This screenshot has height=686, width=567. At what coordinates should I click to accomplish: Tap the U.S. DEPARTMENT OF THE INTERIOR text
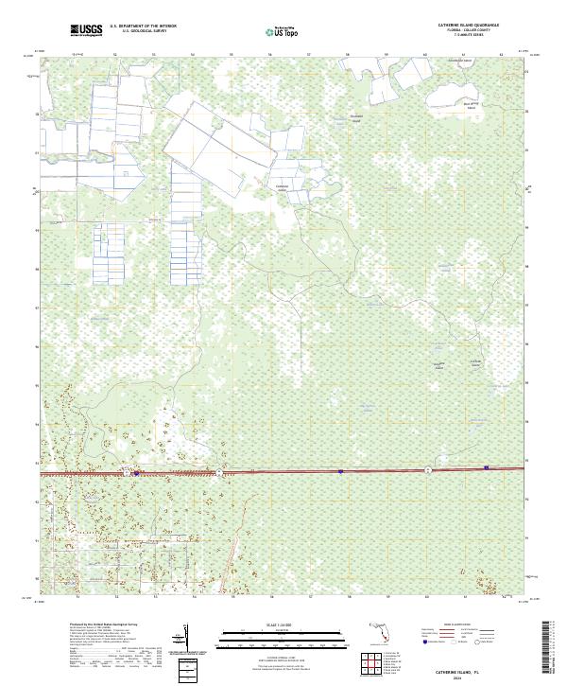click(x=143, y=26)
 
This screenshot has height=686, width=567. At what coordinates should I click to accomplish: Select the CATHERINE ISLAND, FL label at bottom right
click(x=462, y=668)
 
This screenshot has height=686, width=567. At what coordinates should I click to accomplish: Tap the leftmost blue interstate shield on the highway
click(x=138, y=473)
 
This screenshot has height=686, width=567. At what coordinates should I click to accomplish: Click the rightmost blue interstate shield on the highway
click(x=486, y=466)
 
